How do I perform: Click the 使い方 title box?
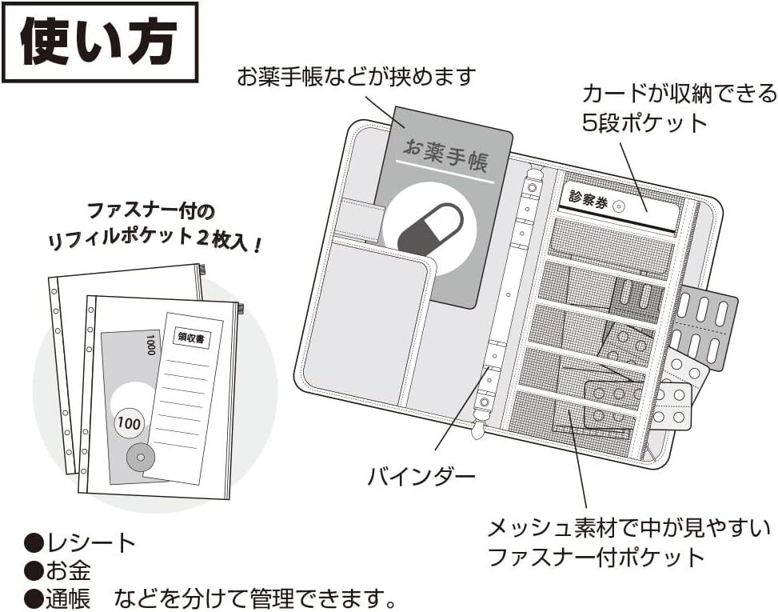[99, 42]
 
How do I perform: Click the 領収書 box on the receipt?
[190, 339]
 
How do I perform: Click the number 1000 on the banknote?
[150, 346]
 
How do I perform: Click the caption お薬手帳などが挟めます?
[356, 78]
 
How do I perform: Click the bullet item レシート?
[81, 544]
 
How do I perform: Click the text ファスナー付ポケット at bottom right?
[596, 557]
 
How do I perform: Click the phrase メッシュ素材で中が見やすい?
[629, 528]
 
